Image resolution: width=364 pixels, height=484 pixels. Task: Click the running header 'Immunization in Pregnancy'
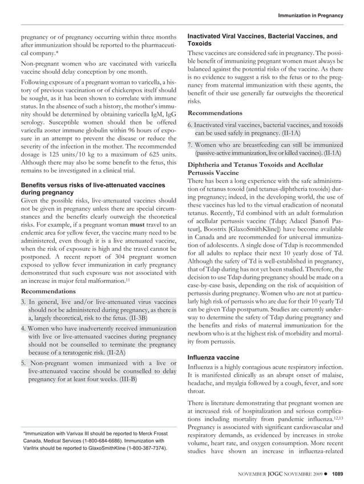pos(310,14)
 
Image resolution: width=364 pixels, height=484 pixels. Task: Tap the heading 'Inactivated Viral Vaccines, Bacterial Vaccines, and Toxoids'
pos(262,39)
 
